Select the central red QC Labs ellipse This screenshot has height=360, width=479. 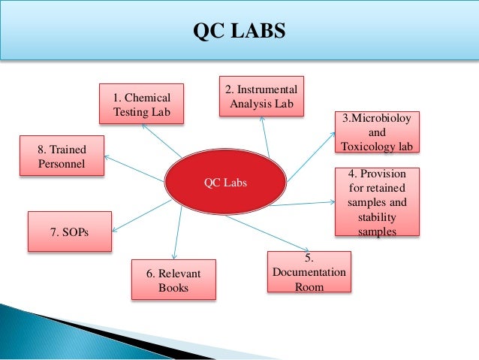click(225, 182)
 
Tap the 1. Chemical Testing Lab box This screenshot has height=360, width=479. click(142, 105)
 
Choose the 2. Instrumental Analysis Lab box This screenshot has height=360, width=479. click(262, 96)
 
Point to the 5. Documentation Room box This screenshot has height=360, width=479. click(309, 271)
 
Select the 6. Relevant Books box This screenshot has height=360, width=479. click(173, 280)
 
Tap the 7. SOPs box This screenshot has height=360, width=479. click(69, 232)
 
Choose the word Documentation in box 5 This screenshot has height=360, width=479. click(309, 271)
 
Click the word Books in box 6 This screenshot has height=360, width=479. click(173, 287)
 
